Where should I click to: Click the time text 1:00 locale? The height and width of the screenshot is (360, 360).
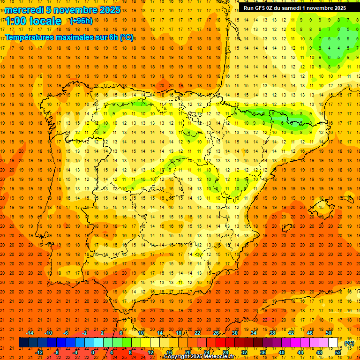point(33,21)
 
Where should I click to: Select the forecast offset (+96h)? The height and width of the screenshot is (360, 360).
point(81,21)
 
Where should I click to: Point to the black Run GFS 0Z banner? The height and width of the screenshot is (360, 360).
point(295,7)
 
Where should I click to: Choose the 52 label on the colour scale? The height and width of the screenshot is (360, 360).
point(338,352)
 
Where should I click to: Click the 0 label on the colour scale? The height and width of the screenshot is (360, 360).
point(93,352)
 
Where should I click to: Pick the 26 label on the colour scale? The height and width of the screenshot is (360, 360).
point(216,333)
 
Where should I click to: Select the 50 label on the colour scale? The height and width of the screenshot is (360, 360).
point(328,333)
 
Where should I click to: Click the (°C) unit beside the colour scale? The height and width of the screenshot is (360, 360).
point(349,343)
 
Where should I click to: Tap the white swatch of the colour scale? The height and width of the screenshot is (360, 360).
point(333,343)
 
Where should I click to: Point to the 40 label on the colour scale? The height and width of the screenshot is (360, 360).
point(282,352)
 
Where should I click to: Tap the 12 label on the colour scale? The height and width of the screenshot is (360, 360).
point(150,352)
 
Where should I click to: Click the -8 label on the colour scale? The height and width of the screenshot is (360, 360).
point(57,352)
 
